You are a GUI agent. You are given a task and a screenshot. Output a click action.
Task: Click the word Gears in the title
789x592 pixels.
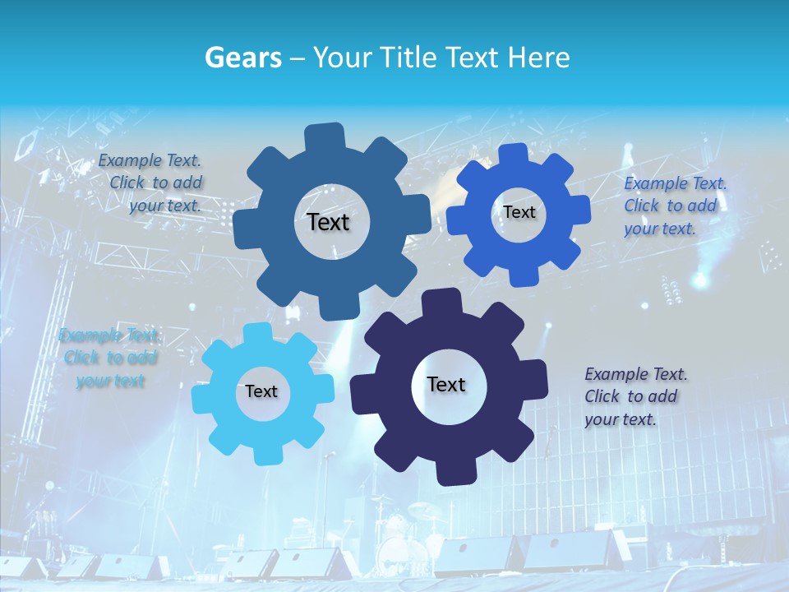pyautogui.click(x=242, y=58)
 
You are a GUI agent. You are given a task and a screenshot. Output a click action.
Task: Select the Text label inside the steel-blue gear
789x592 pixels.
pyautogui.click(x=328, y=222)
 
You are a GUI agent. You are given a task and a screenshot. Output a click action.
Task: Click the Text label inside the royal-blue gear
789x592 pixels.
pyautogui.click(x=519, y=212)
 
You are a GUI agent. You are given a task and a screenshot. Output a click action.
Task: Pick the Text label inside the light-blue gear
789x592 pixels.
pyautogui.click(x=261, y=391)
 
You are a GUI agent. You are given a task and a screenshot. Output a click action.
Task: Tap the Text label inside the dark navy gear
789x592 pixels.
pyautogui.click(x=446, y=384)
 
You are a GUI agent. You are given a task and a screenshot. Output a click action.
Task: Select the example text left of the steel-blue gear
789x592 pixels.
pyautogui.click(x=150, y=183)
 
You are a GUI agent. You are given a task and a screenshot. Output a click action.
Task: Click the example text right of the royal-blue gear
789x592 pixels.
pyautogui.click(x=675, y=206)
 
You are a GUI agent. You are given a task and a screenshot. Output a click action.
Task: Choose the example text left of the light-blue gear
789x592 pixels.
pyautogui.click(x=109, y=358)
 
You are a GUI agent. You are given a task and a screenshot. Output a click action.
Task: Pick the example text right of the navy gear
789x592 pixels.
pyautogui.click(x=635, y=396)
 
